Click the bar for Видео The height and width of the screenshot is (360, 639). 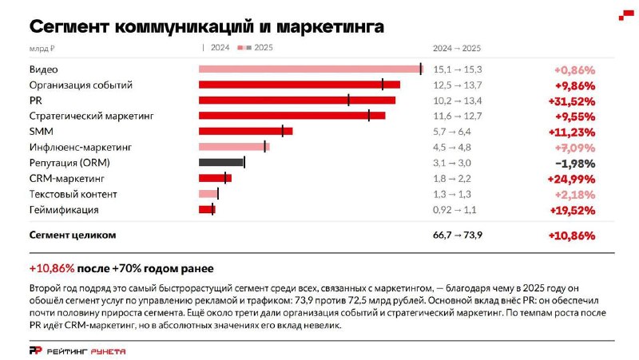(311, 69)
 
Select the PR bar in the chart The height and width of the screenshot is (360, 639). (297, 101)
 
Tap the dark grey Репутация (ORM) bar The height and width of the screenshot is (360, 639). (221, 163)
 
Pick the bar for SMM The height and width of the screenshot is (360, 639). (246, 131)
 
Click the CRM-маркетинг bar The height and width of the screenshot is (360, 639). (215, 178)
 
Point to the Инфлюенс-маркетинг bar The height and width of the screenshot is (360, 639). (234, 147)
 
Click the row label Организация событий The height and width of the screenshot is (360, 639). (81, 85)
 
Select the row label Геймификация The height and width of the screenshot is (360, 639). (64, 210)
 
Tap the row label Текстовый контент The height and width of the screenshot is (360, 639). (73, 194)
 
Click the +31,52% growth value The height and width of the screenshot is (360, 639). (572, 101)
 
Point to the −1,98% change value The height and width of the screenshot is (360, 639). (575, 164)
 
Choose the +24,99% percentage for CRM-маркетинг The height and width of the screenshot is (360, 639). (571, 179)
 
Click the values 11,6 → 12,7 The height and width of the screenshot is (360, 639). (457, 116)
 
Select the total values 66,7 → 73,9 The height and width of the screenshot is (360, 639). (458, 235)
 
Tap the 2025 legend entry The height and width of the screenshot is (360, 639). (255, 48)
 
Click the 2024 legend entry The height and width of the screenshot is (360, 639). (216, 48)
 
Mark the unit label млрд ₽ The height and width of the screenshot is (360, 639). (42, 49)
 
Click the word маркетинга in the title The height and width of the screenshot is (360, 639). (330, 27)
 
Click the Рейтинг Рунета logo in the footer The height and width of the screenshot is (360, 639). (77, 351)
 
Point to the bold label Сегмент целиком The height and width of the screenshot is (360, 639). (73, 235)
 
